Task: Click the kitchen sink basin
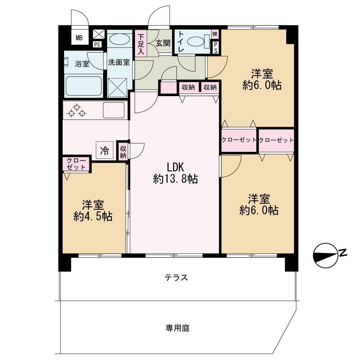[113, 110]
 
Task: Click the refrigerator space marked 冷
[104, 150]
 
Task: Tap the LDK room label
[175, 167]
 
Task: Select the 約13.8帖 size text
[175, 179]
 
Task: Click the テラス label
[176, 278]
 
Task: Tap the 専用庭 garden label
[177, 328]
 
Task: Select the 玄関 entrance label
[163, 43]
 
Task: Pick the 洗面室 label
[119, 62]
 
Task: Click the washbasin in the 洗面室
[120, 39]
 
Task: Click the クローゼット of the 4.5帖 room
[76, 164]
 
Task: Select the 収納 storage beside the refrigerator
[123, 151]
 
